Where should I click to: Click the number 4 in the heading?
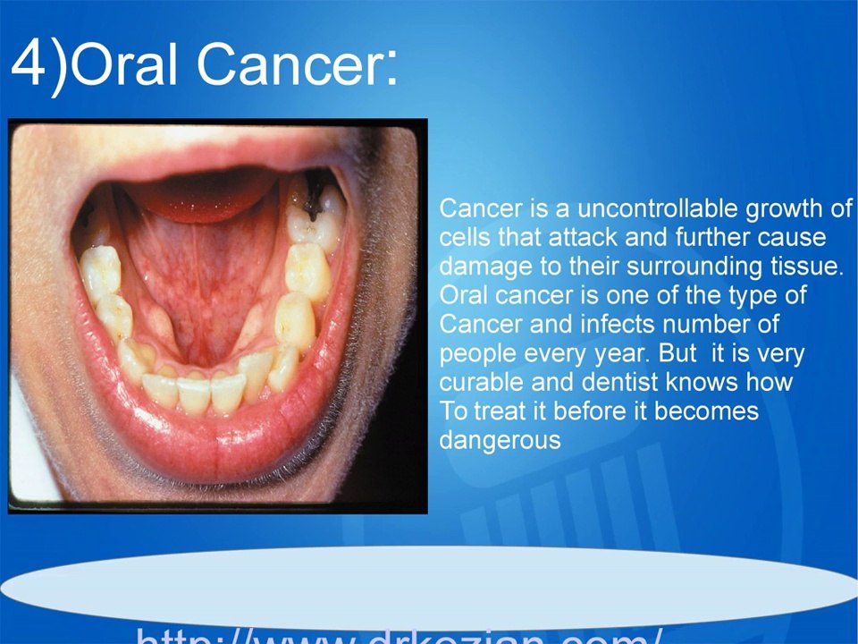pos(30,64)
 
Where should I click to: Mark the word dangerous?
pos(500,441)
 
